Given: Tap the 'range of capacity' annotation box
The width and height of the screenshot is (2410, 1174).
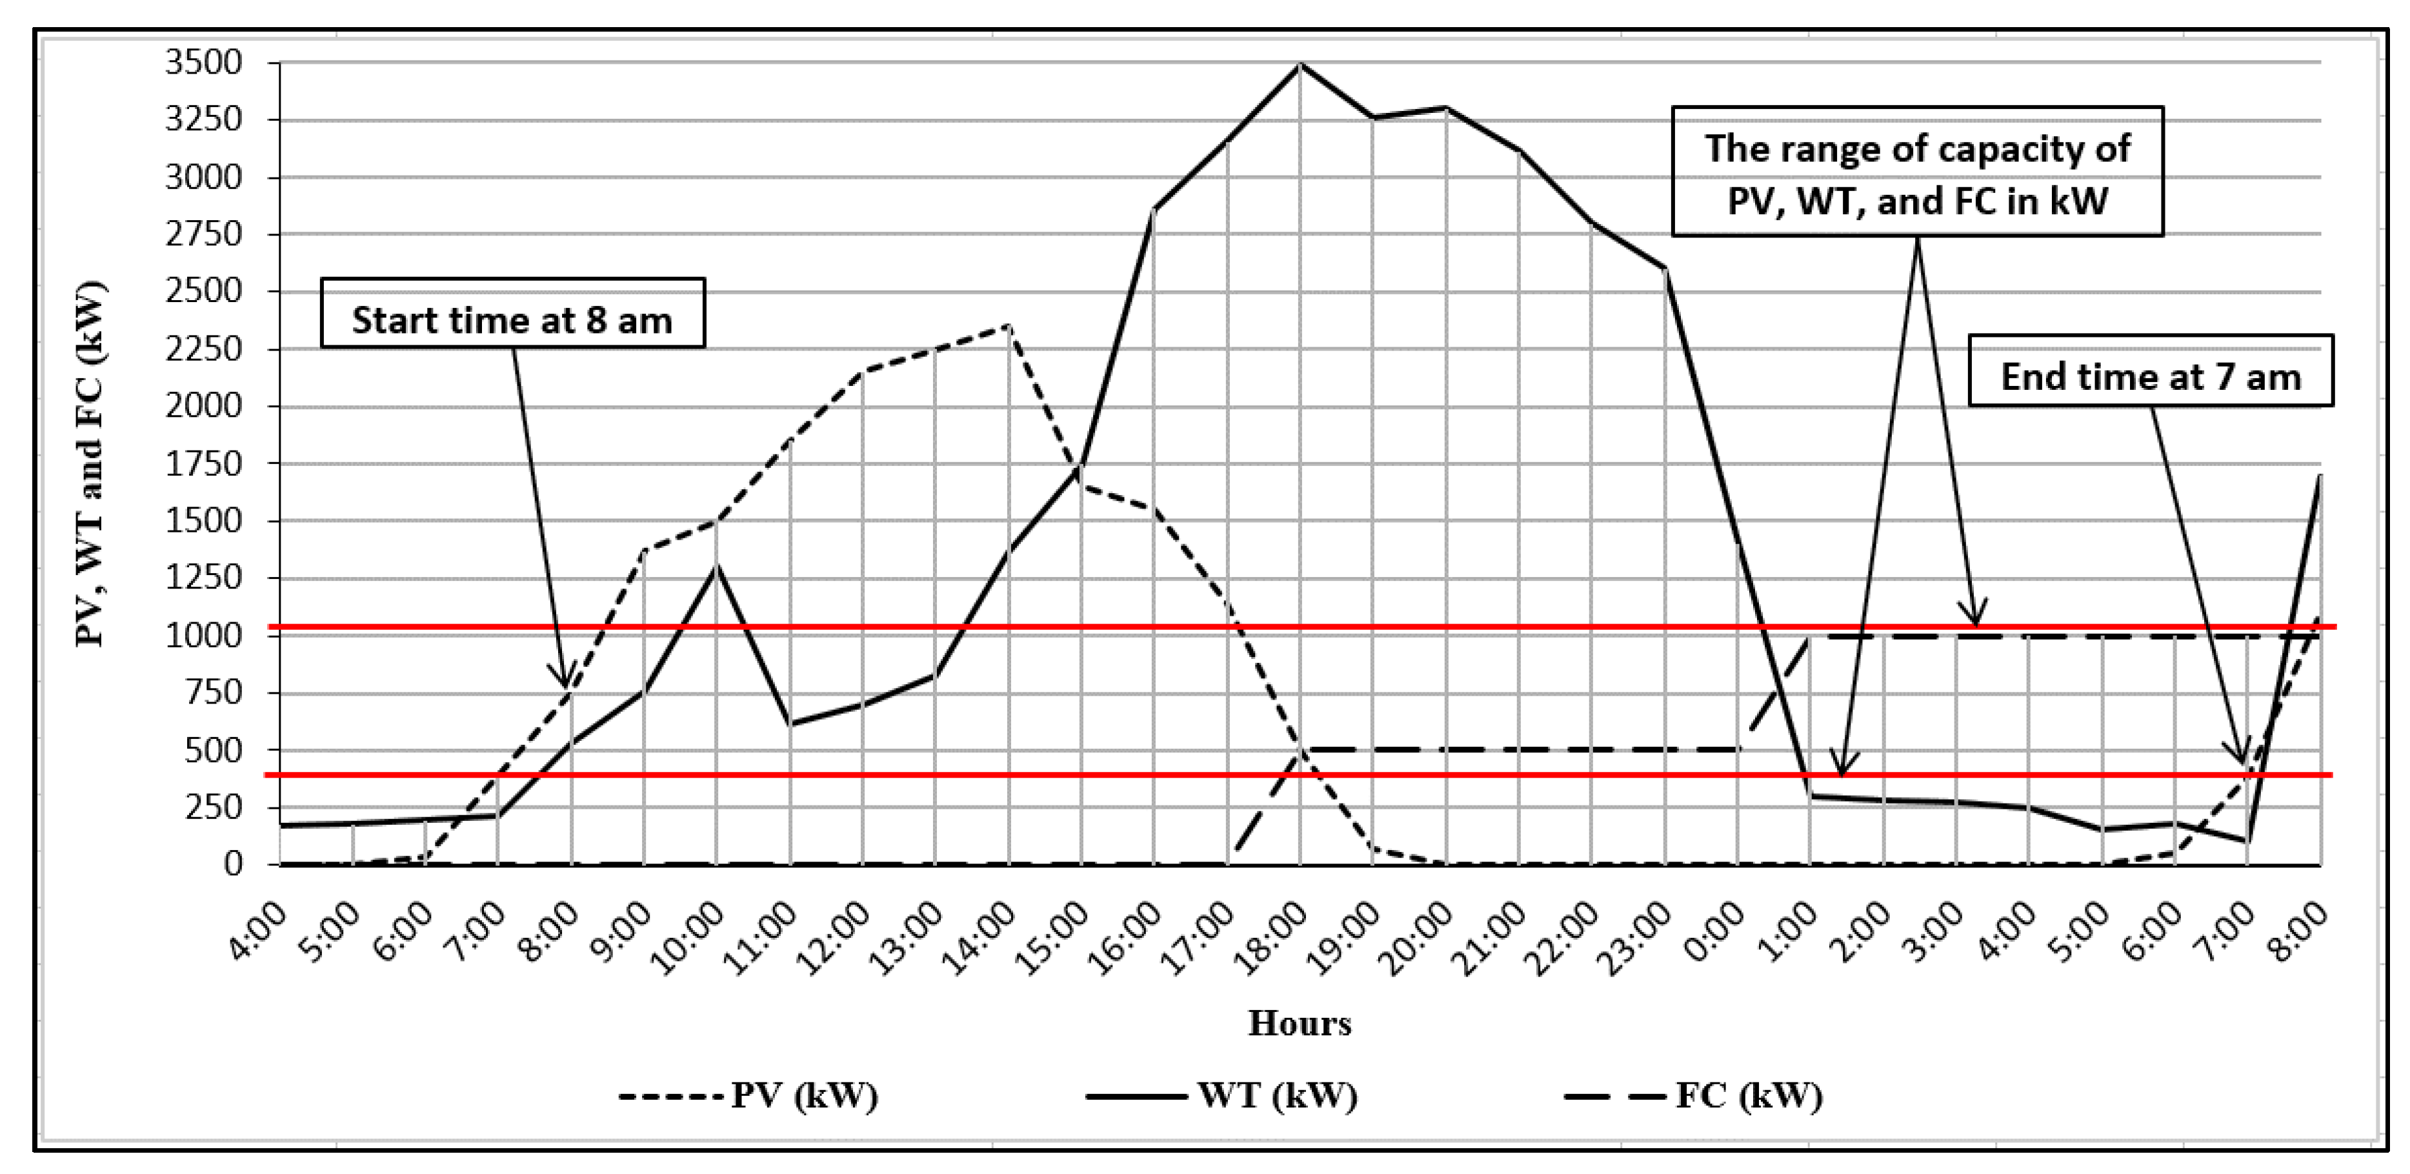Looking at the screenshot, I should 1917,171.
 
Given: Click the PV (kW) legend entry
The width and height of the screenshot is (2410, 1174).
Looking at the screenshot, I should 748,1095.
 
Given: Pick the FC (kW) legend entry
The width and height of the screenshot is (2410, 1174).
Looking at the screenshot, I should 1693,1095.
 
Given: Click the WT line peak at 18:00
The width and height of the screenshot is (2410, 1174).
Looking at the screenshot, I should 1300,65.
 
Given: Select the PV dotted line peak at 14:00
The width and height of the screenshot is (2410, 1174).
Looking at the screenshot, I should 1008,325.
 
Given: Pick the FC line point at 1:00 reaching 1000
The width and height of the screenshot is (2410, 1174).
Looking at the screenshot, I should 1811,636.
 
